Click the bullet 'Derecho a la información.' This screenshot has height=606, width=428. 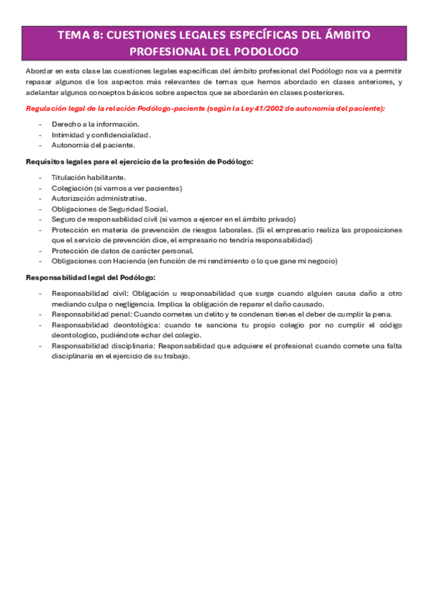(89, 124)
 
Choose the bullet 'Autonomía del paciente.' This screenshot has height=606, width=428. (88, 145)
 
